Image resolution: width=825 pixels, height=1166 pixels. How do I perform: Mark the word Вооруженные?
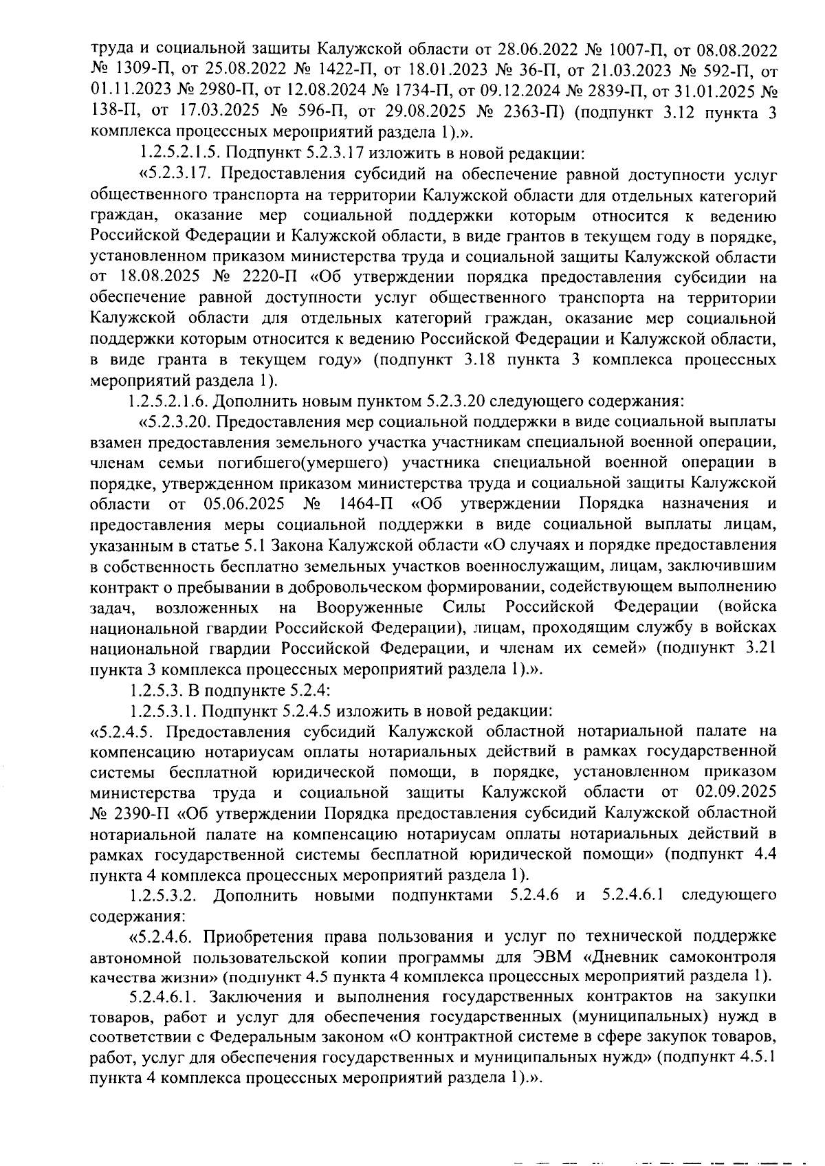click(369, 607)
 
